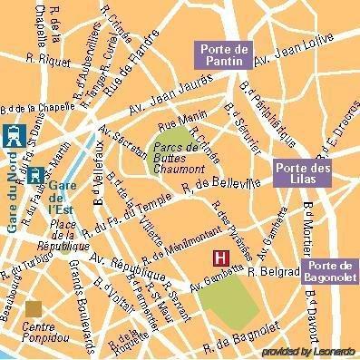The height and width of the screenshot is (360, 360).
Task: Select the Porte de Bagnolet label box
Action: point(331,270)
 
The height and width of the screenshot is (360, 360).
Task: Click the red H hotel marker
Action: point(219,258)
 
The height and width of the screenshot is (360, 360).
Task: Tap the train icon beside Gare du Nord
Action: point(13,136)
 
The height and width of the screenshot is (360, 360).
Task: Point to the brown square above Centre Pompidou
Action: point(34,310)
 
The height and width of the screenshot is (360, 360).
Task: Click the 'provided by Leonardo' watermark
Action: point(307,351)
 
